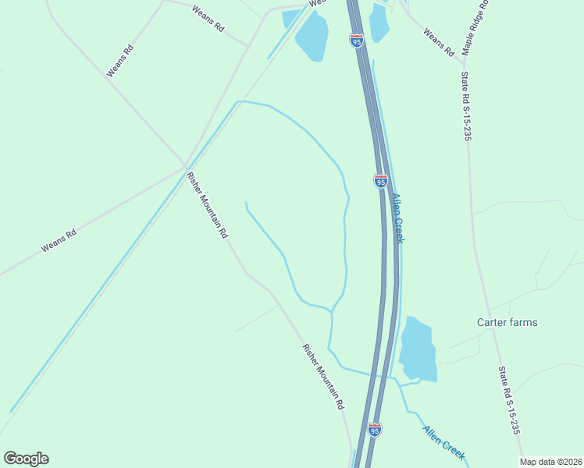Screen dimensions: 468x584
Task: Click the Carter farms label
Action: click(507, 322)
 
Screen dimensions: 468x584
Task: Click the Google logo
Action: click(26, 459)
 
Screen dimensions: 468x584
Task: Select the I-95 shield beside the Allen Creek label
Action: click(380, 181)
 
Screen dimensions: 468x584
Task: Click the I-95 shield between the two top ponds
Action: click(357, 41)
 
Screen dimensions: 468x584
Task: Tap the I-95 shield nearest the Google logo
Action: click(375, 430)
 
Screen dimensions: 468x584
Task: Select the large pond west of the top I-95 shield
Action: click(312, 36)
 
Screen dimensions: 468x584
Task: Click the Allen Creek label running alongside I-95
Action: click(398, 218)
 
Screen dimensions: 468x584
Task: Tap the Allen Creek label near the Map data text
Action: click(444, 441)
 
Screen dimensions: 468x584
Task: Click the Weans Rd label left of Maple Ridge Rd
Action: click(438, 43)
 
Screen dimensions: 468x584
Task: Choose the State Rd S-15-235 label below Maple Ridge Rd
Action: click(467, 106)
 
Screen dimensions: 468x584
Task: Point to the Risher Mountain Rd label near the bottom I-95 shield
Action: click(323, 377)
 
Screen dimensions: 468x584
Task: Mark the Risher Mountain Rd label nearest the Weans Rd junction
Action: click(208, 204)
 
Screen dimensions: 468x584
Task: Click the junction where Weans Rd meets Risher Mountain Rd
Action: click(185, 167)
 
